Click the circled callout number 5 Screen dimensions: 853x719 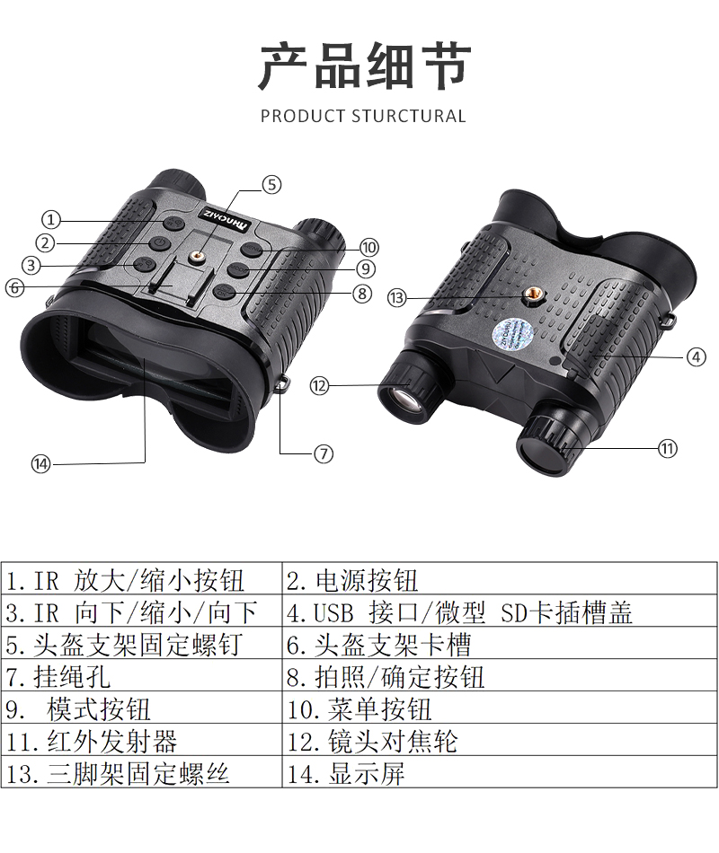pos(271,185)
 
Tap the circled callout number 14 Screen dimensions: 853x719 pos(40,464)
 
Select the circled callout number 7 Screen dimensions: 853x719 pos(324,453)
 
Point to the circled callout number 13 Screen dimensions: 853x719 pos(397,297)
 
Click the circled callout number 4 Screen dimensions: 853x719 pos(697,356)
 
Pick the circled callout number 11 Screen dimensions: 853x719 pos(667,448)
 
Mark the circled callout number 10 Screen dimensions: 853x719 pos(369,247)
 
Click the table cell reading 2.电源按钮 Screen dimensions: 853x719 pos(500,580)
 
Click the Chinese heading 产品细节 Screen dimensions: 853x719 pos(364,66)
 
